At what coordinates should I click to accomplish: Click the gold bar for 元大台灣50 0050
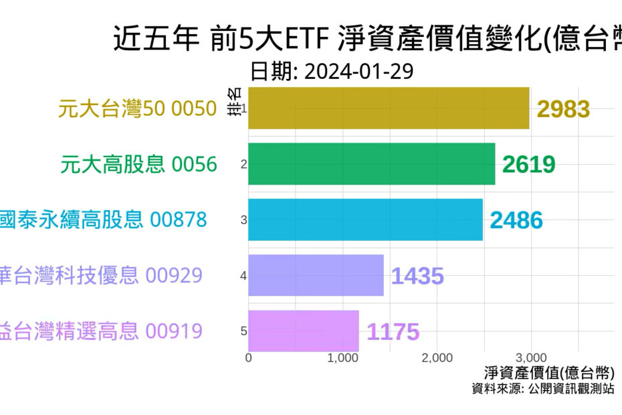click(x=389, y=108)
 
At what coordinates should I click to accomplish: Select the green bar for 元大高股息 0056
click(x=372, y=163)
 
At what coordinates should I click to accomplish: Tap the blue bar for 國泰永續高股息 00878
click(x=365, y=219)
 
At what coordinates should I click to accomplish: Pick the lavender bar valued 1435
click(x=316, y=275)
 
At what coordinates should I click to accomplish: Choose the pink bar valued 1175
click(x=304, y=331)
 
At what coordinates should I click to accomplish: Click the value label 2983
click(x=563, y=109)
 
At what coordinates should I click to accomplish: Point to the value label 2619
click(x=528, y=165)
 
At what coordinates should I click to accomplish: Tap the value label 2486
click(x=516, y=220)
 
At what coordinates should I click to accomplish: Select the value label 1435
click(x=417, y=276)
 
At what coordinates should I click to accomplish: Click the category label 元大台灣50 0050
click(x=138, y=108)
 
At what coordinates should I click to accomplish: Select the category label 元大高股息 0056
click(x=139, y=164)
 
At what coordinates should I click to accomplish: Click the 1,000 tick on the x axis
click(x=343, y=358)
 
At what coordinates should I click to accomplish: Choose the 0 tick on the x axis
click(x=249, y=358)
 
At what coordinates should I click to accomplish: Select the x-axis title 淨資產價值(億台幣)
click(x=548, y=373)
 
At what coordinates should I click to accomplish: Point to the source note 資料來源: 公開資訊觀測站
click(x=542, y=389)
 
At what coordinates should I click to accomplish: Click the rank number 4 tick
click(x=244, y=275)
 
